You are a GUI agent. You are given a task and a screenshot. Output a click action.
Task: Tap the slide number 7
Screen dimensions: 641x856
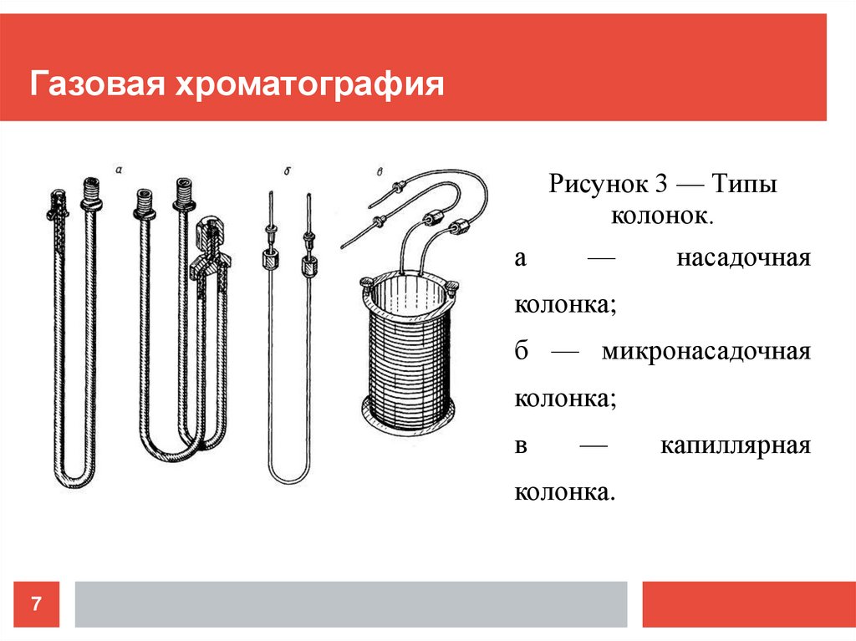coord(37,603)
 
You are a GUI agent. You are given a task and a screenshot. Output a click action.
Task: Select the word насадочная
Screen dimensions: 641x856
coord(743,258)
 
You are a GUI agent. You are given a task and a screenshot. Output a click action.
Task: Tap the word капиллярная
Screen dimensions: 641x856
coord(736,445)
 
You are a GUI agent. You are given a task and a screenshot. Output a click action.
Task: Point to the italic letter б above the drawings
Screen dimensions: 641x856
coord(287,170)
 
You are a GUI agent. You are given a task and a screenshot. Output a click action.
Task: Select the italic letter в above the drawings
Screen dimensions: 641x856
coord(380,172)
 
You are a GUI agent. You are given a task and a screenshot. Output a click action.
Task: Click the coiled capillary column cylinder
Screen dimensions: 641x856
coord(409,351)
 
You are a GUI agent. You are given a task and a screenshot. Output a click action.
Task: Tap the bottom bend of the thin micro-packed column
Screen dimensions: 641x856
coord(289,478)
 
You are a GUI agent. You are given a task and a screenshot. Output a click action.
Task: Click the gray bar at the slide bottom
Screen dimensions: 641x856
coord(351,603)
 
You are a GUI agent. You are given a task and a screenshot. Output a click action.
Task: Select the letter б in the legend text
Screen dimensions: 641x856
coord(521,351)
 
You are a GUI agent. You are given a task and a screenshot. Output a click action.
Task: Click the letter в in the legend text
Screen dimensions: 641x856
coord(520,445)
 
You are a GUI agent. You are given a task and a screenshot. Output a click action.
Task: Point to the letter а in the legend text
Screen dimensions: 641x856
coord(520,258)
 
